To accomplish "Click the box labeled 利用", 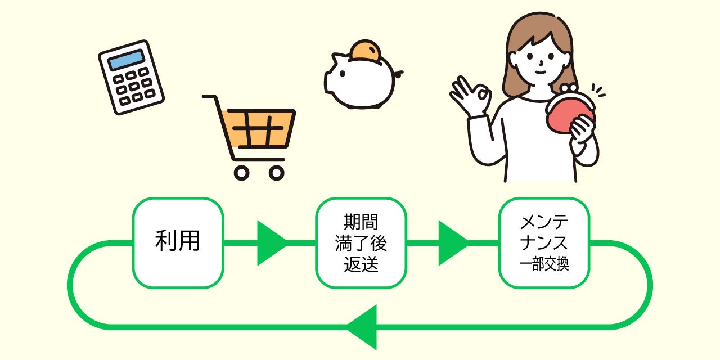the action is (x=178, y=242).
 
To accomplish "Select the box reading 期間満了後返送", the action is (x=361, y=242).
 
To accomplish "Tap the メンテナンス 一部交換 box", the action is (x=544, y=242).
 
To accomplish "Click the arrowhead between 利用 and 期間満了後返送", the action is (x=270, y=243).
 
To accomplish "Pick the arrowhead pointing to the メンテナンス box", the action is (x=452, y=243).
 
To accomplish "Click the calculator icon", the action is (x=131, y=77).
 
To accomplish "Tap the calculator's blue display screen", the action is (x=125, y=60).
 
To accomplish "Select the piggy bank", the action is (x=360, y=82).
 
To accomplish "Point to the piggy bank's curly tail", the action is (x=399, y=73).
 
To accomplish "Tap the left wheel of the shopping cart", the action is (x=242, y=173).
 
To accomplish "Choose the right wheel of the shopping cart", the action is (x=276, y=173).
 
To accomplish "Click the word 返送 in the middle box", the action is (x=361, y=264).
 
